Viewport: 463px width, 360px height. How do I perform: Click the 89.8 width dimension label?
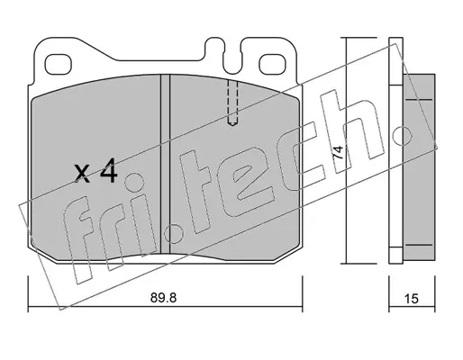(164, 298)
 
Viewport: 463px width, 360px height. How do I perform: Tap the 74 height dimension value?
(338, 152)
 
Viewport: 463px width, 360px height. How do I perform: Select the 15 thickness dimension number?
(412, 299)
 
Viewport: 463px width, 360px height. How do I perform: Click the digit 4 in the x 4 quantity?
(108, 170)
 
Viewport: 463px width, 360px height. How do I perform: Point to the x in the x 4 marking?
(82, 174)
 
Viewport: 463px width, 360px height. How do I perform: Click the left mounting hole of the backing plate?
(59, 65)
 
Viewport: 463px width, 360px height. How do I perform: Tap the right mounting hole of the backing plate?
(272, 65)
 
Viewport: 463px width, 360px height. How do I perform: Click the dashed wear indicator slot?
(232, 103)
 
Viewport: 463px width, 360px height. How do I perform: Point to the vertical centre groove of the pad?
(166, 164)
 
